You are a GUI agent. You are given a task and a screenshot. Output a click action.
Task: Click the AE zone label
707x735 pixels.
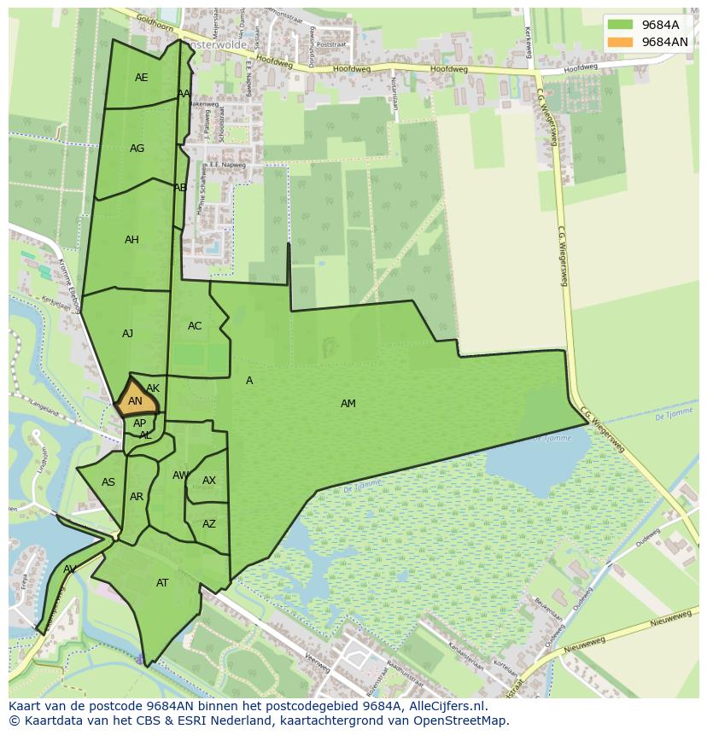click(x=142, y=78)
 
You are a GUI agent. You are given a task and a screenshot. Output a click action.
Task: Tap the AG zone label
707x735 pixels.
click(x=137, y=149)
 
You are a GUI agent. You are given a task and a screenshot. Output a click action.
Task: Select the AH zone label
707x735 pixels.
click(x=131, y=240)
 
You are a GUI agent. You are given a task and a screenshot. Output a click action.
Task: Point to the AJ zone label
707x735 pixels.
click(x=127, y=334)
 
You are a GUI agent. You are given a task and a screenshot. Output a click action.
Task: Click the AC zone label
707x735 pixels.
click(x=195, y=326)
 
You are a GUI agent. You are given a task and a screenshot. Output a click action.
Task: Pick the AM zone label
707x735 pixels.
click(x=348, y=404)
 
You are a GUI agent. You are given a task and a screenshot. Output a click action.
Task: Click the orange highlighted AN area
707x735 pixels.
click(x=136, y=402)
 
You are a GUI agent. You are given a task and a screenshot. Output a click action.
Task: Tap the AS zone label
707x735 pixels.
click(x=108, y=482)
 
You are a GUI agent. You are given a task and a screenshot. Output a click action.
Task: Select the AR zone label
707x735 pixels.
click(x=137, y=497)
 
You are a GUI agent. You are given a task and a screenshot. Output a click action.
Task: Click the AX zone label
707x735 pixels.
click(x=209, y=481)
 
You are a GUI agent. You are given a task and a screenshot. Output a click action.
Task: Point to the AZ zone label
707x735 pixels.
click(x=209, y=524)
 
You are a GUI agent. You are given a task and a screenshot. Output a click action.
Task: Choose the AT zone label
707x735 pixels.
click(x=162, y=583)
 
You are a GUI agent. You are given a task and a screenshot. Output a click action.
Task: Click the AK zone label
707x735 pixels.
click(x=153, y=388)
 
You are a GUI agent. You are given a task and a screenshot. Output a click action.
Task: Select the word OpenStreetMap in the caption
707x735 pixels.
click(x=462, y=721)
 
